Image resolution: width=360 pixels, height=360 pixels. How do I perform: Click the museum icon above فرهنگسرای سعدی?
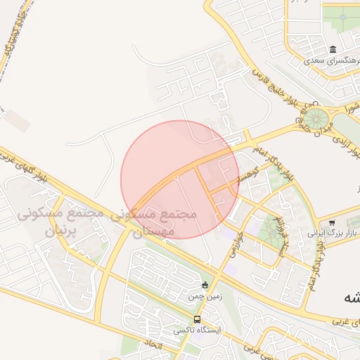tap(332, 49)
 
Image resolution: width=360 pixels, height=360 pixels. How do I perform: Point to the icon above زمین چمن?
tap(205, 285)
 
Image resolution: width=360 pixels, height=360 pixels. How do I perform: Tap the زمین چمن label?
tap(205, 297)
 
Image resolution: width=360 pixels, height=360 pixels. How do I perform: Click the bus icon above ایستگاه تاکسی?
tap(196, 319)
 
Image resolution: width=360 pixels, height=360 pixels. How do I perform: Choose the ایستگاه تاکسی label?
tap(197, 330)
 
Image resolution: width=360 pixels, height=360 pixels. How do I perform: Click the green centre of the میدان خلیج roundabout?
tap(316, 117)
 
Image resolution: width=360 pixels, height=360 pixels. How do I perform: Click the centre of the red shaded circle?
tap(180, 179)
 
